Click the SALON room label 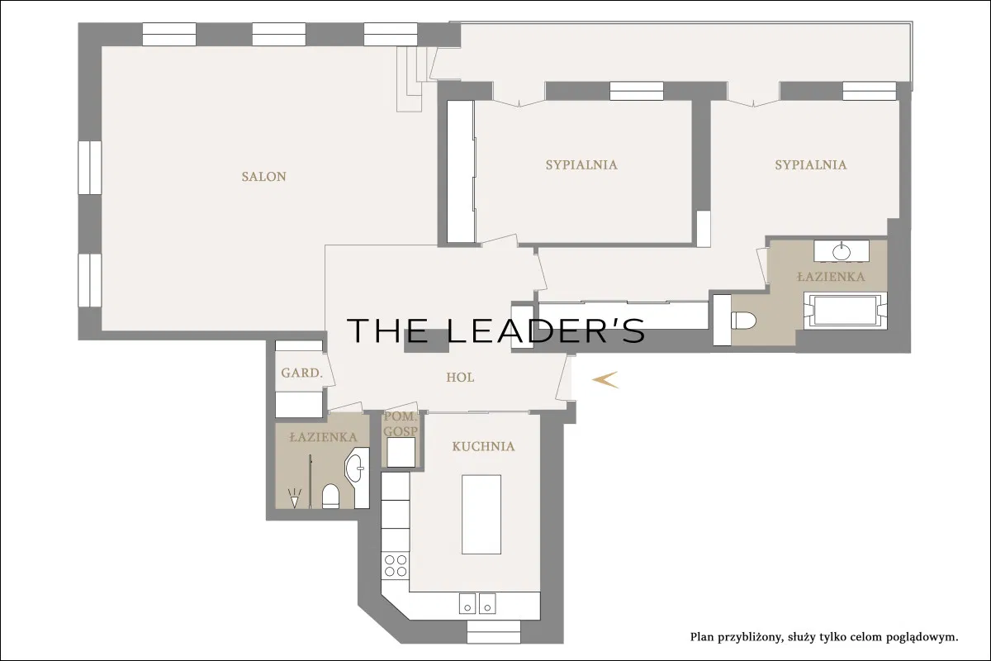tap(264, 177)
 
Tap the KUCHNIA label tap(483, 446)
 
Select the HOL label tap(460, 378)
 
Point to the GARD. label tap(301, 373)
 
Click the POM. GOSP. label tap(401, 424)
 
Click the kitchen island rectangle tap(481, 515)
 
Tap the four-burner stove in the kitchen tap(396, 565)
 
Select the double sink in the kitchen tap(477, 603)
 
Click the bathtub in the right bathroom tap(845, 311)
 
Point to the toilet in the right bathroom tap(743, 321)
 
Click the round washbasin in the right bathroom tap(841, 252)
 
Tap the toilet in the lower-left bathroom tap(330, 497)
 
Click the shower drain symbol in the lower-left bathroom tap(294, 497)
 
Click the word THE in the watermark tap(388, 330)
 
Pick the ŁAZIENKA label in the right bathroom tap(831, 277)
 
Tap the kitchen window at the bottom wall tap(494, 632)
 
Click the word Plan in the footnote tap(702, 638)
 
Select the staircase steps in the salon tap(414, 78)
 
